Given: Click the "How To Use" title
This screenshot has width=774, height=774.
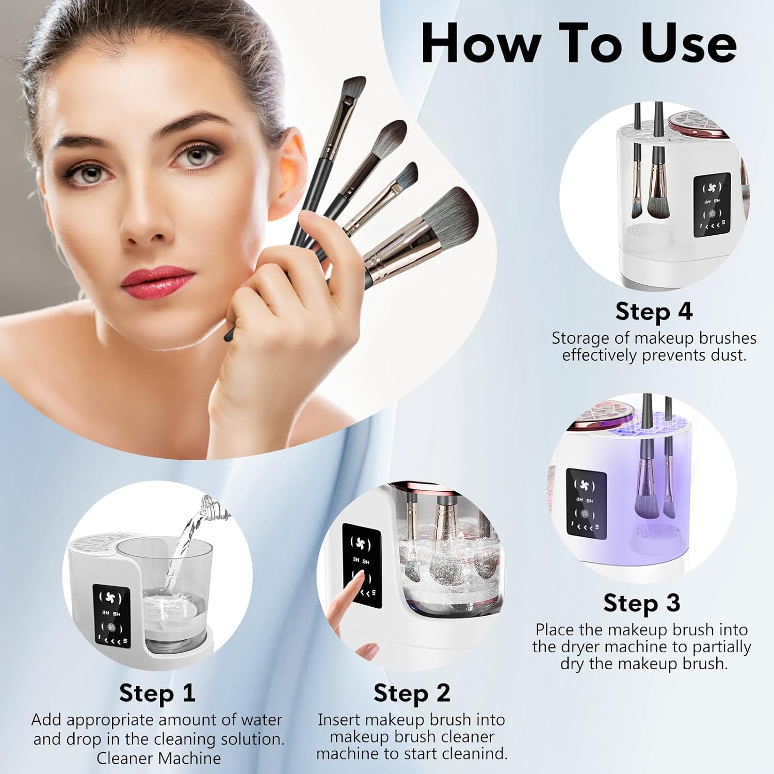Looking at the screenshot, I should pos(578,44).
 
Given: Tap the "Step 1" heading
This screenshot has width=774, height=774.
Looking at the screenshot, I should pos(157,692).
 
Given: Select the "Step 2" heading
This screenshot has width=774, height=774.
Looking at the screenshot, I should pos(412,692).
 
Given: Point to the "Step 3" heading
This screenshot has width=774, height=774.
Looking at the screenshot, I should pos(641,603).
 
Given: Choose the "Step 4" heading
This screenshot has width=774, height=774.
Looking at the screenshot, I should pos(653,311).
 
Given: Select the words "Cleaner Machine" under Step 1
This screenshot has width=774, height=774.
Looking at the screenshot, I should pos(158,758).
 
